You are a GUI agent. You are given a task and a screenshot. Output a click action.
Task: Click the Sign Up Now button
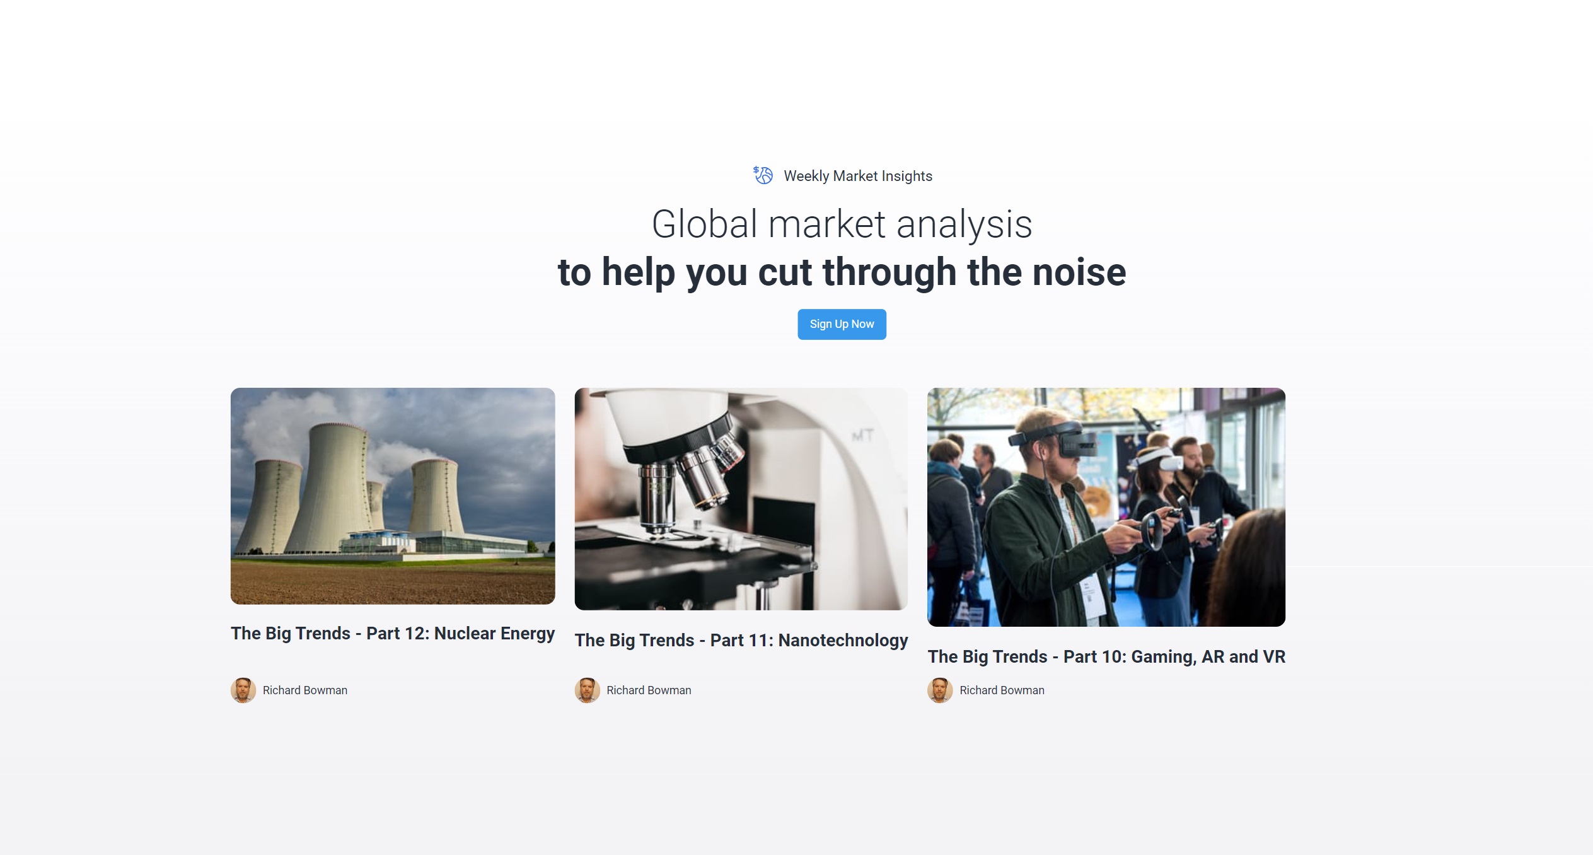pyautogui.click(x=842, y=324)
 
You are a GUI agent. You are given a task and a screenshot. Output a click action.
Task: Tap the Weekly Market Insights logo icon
pyautogui.click(x=763, y=175)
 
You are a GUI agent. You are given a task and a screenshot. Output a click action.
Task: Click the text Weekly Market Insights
pyautogui.click(x=858, y=176)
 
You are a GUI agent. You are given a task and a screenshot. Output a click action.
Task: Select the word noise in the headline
pyautogui.click(x=1079, y=272)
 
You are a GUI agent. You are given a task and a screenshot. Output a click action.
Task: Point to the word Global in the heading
pyautogui.click(x=704, y=224)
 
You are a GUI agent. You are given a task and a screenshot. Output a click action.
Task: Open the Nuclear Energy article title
pyautogui.click(x=393, y=633)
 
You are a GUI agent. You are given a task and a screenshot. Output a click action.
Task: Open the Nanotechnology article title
pyautogui.click(x=741, y=640)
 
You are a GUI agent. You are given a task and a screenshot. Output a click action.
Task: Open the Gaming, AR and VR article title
pyautogui.click(x=1106, y=656)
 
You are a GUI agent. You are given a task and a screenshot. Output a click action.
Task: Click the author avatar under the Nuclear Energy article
pyautogui.click(x=243, y=690)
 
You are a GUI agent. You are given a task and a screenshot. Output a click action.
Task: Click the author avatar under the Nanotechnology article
pyautogui.click(x=587, y=690)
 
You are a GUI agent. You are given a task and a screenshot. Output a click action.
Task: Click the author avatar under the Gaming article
pyautogui.click(x=940, y=690)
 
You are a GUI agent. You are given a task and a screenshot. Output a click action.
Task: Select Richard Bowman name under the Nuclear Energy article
pyautogui.click(x=305, y=690)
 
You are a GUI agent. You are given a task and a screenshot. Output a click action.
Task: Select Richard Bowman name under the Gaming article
pyautogui.click(x=1002, y=690)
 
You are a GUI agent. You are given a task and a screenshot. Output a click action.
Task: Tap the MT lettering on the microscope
pyautogui.click(x=862, y=436)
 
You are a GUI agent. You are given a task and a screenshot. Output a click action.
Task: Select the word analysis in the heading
pyautogui.click(x=964, y=224)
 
